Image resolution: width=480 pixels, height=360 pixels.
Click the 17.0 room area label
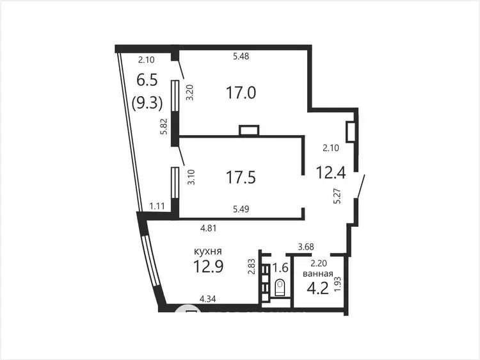241,92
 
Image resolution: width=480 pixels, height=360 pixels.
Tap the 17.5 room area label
241,177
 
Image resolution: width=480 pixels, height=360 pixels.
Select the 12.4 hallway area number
331,172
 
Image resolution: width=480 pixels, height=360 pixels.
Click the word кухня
208,252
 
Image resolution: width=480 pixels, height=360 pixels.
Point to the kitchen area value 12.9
209,266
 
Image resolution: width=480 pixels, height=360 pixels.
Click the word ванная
317,274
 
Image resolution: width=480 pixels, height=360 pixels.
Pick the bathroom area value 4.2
317,288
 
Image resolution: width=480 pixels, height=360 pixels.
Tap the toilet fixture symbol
280,288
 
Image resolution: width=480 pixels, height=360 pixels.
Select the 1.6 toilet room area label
281,268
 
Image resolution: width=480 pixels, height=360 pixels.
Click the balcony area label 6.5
147,80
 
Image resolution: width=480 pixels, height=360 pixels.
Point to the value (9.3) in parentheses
147,102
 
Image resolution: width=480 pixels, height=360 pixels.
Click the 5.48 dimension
241,56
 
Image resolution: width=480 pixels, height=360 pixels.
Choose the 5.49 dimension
241,209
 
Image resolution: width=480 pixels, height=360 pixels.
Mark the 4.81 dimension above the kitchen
209,228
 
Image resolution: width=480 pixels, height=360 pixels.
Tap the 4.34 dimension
207,299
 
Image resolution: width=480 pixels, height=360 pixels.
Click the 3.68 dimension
306,247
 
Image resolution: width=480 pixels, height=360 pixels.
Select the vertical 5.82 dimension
165,127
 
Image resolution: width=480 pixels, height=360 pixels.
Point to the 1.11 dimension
157,206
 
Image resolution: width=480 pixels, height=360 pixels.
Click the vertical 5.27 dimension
337,196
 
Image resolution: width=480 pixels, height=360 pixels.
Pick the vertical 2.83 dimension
252,267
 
